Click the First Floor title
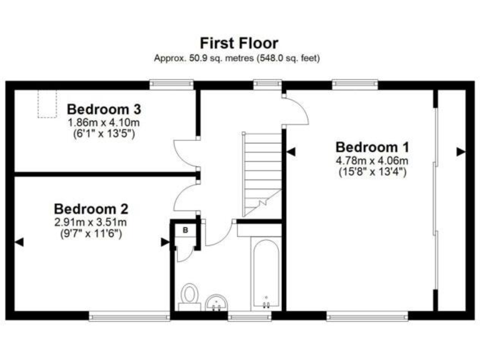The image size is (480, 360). pyautogui.click(x=239, y=43)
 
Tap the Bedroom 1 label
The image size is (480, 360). pyautogui.click(x=372, y=147)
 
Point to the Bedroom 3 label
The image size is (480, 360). pyautogui.click(x=104, y=107)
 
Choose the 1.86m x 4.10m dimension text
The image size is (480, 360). pyautogui.click(x=104, y=122)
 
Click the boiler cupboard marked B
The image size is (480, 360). pyautogui.click(x=185, y=231)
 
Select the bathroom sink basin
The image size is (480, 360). pyautogui.click(x=216, y=302)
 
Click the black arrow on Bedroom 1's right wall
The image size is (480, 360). pyautogui.click(x=461, y=151)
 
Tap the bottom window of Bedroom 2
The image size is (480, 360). pyautogui.click(x=129, y=317)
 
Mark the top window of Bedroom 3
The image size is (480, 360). pyautogui.click(x=171, y=84)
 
